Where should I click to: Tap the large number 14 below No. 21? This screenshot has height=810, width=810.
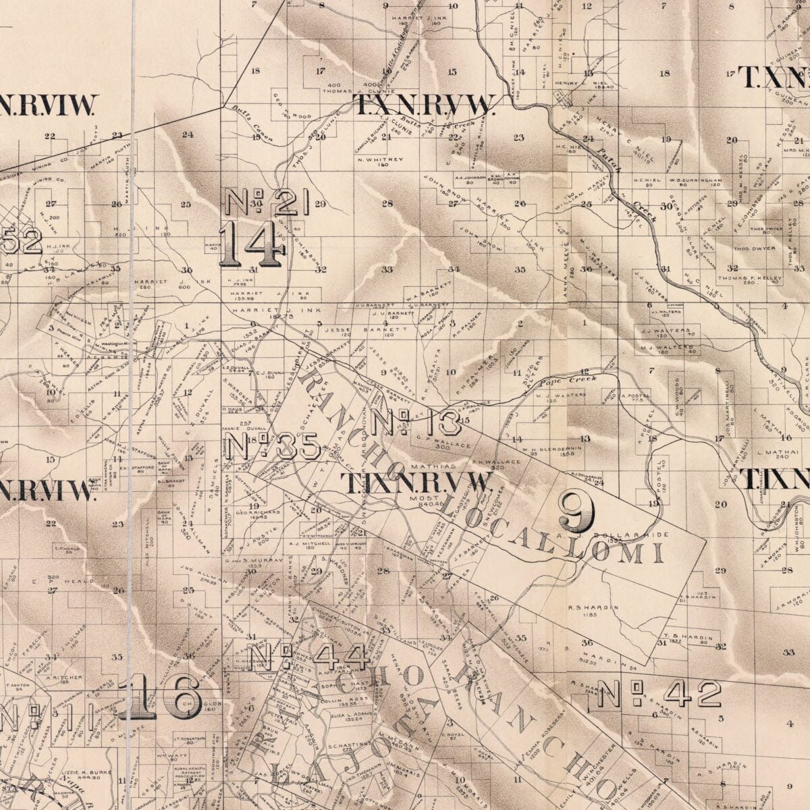tap(251, 244)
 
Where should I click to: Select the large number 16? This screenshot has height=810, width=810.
tap(160, 696)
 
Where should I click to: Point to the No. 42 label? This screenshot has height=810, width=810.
tap(659, 694)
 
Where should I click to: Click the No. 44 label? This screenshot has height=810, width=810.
tap(307, 657)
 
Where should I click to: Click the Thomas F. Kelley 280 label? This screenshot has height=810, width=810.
tap(749, 279)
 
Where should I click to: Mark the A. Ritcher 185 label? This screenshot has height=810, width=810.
tap(65, 678)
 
